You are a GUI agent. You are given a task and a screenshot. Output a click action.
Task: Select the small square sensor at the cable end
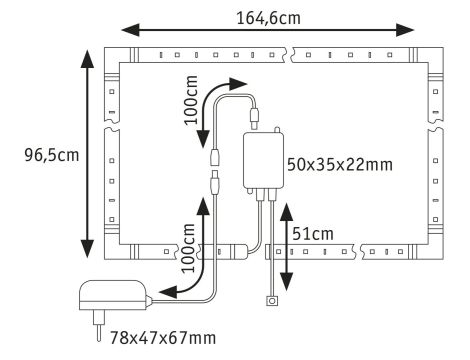[x=269, y=301]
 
